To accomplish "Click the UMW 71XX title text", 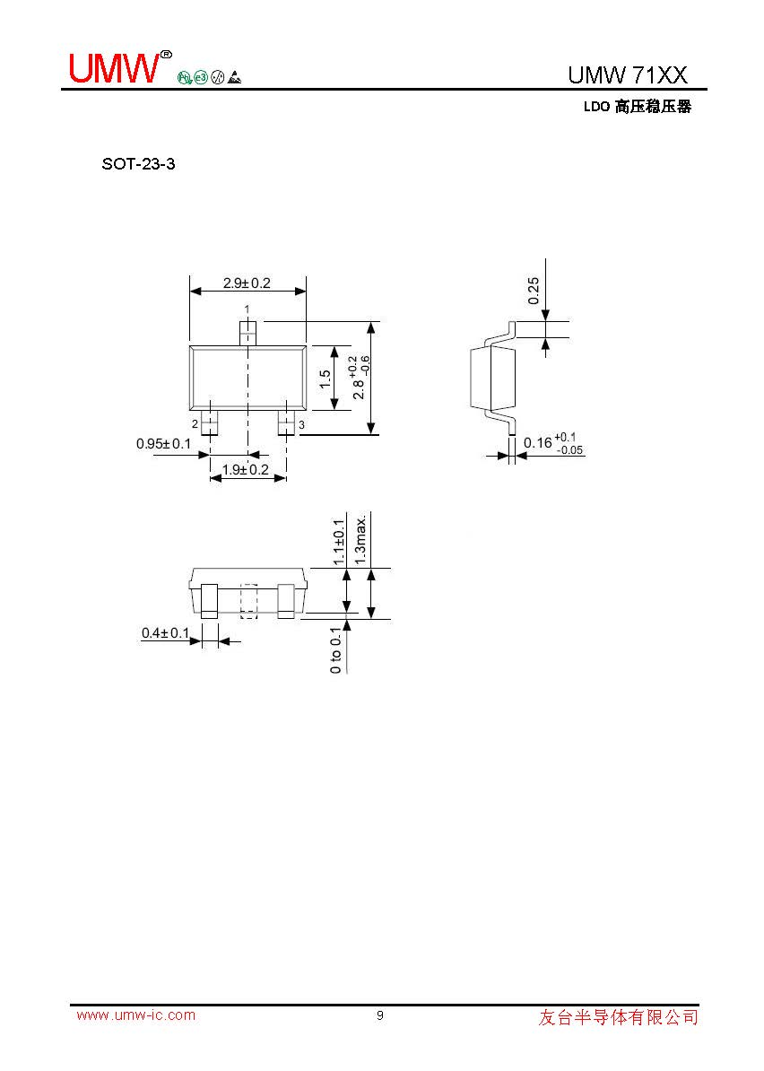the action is (628, 74).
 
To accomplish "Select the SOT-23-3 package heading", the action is (139, 164).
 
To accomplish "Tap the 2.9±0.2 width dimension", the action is (247, 283).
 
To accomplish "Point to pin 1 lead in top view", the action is (247, 334).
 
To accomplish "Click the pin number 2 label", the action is (195, 424).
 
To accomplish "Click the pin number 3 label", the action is (301, 425).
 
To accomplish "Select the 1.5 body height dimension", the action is (326, 379).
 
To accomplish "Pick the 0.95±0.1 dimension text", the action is (164, 444).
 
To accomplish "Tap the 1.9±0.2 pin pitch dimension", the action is (245, 469).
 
